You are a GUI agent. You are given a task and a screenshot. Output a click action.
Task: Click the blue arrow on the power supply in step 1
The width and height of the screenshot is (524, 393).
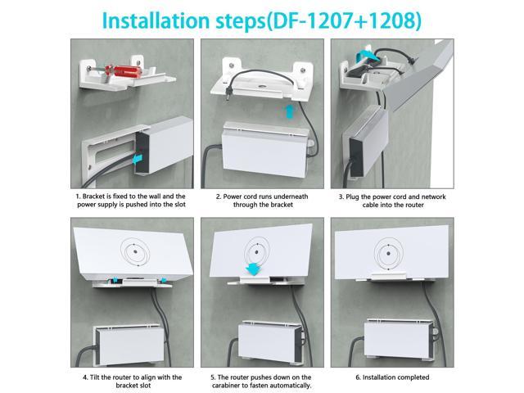point(138,160)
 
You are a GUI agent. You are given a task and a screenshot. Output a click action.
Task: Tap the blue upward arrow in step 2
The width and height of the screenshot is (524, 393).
point(290,111)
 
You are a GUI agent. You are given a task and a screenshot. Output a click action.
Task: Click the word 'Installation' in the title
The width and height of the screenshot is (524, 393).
point(156,20)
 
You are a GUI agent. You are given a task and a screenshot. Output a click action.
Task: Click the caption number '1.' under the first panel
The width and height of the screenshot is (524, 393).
point(79,196)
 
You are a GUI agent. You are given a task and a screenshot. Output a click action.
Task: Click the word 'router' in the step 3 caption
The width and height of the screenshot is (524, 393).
point(413,205)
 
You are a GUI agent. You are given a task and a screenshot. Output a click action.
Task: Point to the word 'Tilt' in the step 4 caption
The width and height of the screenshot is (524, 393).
point(95,377)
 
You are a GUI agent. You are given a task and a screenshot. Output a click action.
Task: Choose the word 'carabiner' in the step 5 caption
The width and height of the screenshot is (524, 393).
point(226,386)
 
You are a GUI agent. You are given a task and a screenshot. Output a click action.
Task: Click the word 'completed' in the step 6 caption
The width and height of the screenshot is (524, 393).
point(413,377)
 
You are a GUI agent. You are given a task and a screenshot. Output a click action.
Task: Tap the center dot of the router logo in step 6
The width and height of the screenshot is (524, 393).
point(388,254)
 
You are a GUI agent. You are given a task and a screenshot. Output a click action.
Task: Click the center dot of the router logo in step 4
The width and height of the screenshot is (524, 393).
point(134,251)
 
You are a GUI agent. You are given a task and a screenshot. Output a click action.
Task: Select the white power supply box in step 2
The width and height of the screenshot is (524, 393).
point(264,150)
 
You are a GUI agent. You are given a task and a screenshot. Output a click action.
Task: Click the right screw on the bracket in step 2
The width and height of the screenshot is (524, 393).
point(303,70)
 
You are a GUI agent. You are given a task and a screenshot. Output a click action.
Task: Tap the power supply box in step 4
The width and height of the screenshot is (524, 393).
point(129,344)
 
